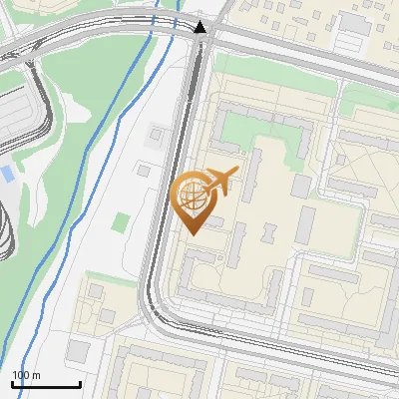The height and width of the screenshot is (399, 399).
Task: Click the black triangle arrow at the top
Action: coord(201,27)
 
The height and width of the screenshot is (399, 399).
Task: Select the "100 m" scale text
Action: coord(26,375)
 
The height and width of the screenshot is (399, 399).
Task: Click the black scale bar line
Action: coord(46,384)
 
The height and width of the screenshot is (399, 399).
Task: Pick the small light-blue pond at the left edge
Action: coord(7,174)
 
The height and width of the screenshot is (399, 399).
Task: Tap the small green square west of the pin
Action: coord(121,221)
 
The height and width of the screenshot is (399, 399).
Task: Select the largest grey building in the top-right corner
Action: coord(353,22)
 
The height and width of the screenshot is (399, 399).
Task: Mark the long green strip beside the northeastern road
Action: coord(369,98)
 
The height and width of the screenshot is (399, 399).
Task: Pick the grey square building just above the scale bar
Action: coord(79,351)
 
